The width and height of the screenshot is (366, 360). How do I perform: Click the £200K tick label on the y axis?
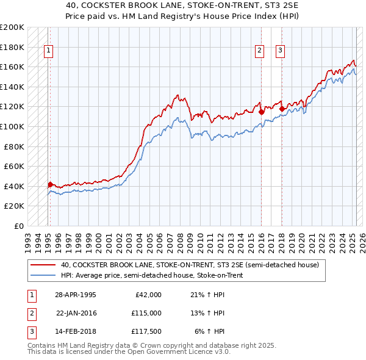pos(12,27)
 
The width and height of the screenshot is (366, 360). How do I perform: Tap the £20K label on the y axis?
pos(15,206)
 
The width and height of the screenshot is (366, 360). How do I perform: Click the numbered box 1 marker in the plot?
pos(48,51)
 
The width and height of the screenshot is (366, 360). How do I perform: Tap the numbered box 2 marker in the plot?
pos(260,51)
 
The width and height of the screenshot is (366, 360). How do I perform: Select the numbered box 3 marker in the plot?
pos(281,51)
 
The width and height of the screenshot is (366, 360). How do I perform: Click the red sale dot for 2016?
pos(261,112)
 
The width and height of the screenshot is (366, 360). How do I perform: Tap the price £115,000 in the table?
pos(146,313)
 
